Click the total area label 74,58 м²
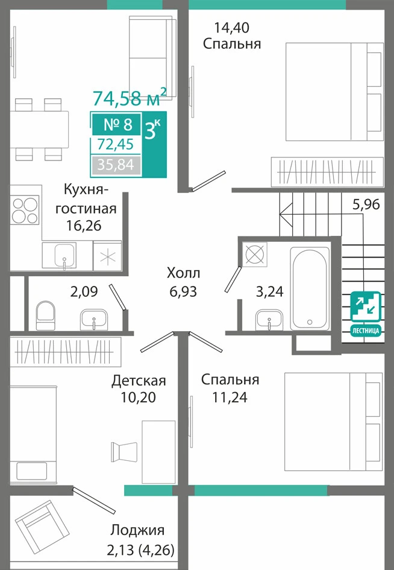pyautogui.click(x=130, y=97)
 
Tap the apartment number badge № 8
pyautogui.click(x=117, y=124)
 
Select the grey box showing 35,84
pyautogui.click(x=116, y=165)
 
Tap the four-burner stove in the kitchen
pyautogui.click(x=25, y=210)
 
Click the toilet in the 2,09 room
pyautogui.click(x=45, y=315)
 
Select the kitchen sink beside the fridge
pyautogui.click(x=65, y=256)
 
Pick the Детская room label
pyautogui.click(x=139, y=381)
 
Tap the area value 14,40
pyautogui.click(x=232, y=28)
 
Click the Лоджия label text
pyautogui.click(x=137, y=530)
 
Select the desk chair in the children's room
pyautogui.click(x=124, y=452)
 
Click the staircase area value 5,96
pyautogui.click(x=366, y=204)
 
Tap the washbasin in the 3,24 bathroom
pyautogui.click(x=269, y=320)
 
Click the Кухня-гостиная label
pyautogui.click(x=86, y=198)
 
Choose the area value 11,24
pyautogui.click(x=230, y=397)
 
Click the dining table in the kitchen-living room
pyautogui.click(x=39, y=129)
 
